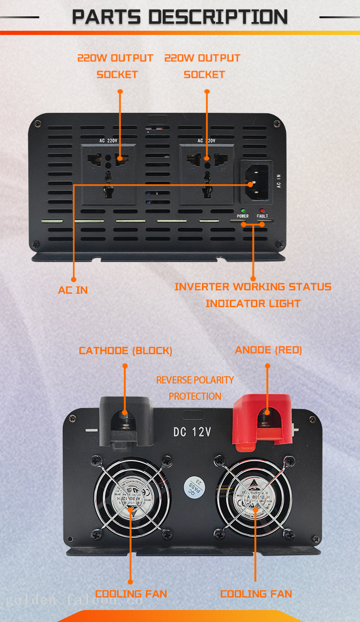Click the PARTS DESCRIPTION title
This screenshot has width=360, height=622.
point(180,17)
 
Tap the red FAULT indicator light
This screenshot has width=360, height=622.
point(262,211)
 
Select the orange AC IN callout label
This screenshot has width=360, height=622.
point(73,290)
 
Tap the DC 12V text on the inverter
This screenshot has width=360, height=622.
point(192,432)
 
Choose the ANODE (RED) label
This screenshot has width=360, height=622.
point(268,350)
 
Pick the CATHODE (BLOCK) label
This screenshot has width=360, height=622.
point(125,351)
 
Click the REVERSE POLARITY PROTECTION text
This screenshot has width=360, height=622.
point(195,388)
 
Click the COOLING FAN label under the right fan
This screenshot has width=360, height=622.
point(256,594)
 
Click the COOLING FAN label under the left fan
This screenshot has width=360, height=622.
point(131,594)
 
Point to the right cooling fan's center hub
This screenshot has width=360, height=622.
point(253,494)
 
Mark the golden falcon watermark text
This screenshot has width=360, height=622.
point(74,600)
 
